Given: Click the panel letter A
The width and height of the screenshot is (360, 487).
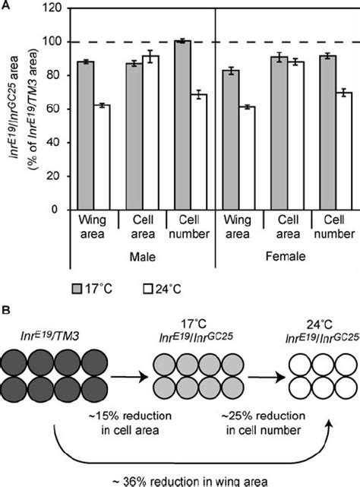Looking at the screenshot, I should (7, 6).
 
